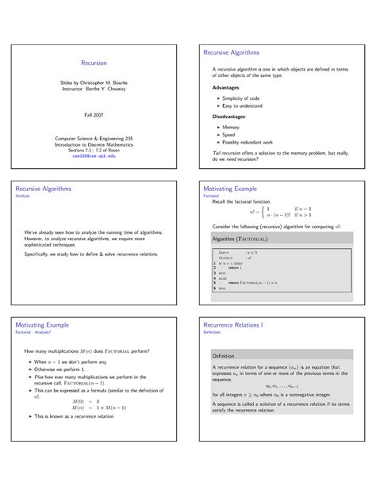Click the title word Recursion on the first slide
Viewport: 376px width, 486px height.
(x=93, y=62)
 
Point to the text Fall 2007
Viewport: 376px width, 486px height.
(x=93, y=115)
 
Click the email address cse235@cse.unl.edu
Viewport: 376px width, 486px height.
(x=93, y=157)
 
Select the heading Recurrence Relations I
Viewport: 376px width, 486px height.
(x=243, y=326)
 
